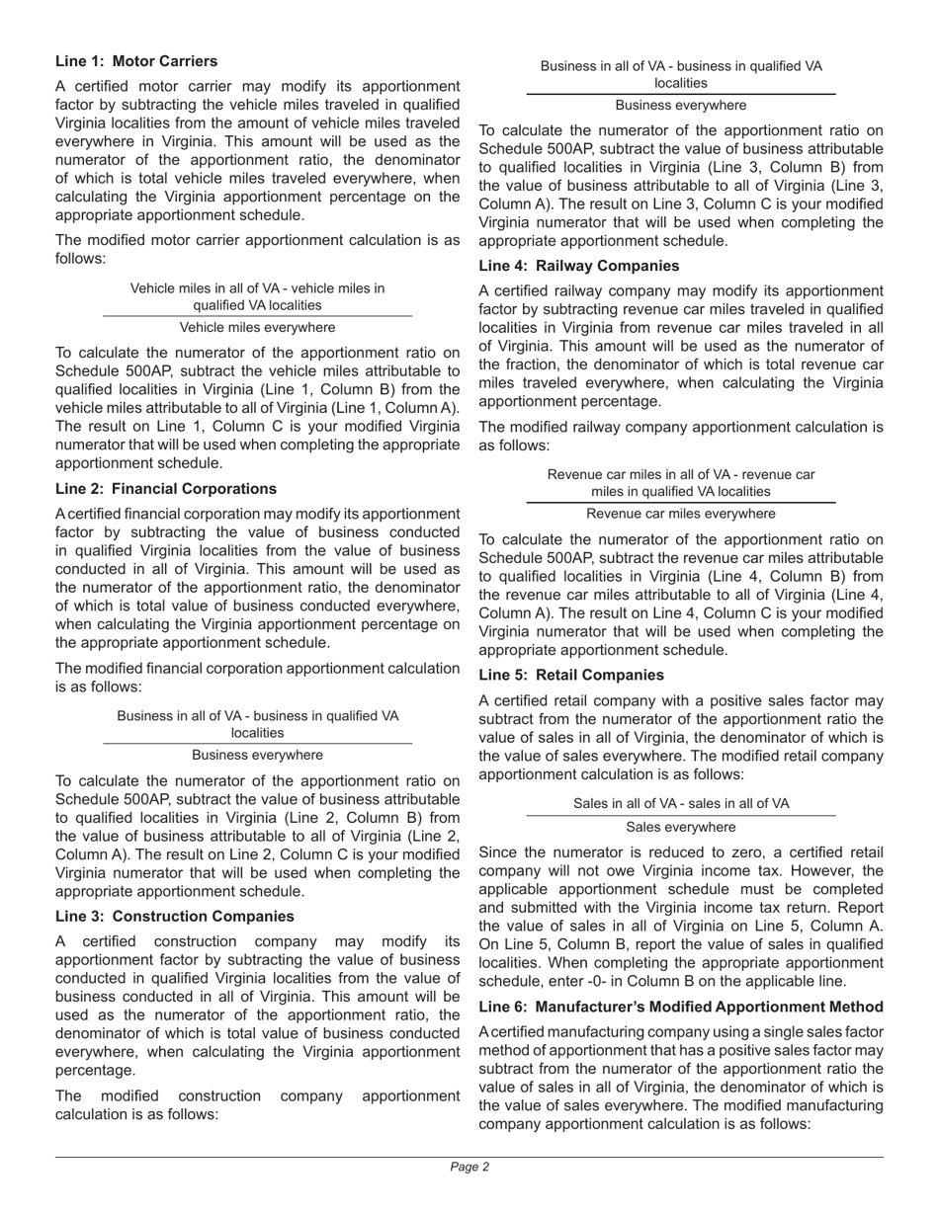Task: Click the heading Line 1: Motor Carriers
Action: pos(136,61)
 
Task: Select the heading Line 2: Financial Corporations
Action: pos(166,489)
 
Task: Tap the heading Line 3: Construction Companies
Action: pos(174,916)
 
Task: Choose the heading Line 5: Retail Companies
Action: pos(571,675)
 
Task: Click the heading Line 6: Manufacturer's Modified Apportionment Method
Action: pos(681,1007)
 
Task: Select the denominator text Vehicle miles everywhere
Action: pos(257,327)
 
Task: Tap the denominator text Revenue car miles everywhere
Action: pos(681,514)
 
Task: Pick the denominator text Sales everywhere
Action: pos(681,827)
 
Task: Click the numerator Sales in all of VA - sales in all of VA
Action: pos(681,803)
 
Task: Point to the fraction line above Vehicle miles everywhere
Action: pos(257,316)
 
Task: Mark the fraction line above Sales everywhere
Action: pos(681,816)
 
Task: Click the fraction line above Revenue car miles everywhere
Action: pos(681,503)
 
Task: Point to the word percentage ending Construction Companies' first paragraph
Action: pos(97,1070)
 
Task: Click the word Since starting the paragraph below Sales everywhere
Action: pos(498,851)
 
